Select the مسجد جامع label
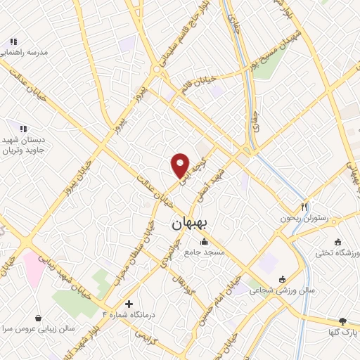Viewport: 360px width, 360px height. (x=204, y=251)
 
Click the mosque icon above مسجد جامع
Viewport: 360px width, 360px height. (x=204, y=241)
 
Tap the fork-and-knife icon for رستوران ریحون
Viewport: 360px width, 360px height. (x=304, y=207)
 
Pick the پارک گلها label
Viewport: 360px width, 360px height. (x=343, y=331)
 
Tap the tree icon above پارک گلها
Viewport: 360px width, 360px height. (x=343, y=321)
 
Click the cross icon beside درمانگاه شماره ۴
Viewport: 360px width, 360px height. (x=129, y=304)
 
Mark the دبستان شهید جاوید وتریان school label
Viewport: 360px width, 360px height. (x=23, y=145)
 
